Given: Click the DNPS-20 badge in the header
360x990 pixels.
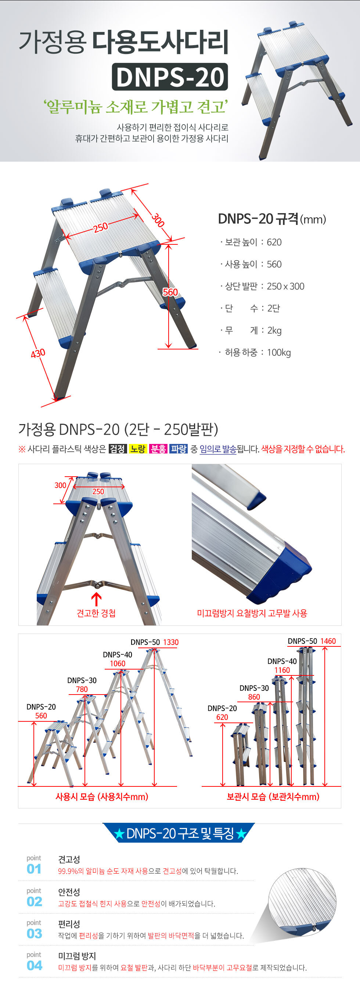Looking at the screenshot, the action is [170, 77].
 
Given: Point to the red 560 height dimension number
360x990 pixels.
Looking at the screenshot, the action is [170, 292].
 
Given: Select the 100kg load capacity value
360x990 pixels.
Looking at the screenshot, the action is [279, 352].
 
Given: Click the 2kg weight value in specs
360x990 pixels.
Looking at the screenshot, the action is [274, 330].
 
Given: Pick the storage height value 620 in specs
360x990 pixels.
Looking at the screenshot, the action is [274, 242].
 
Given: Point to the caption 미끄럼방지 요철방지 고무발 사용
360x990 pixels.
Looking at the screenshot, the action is [252, 613].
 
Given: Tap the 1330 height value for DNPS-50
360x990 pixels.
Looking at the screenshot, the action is [171, 642].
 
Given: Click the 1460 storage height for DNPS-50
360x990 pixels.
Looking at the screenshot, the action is [328, 641].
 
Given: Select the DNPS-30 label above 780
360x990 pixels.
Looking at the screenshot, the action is [82, 680].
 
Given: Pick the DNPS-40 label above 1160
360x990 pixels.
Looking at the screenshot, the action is [282, 661].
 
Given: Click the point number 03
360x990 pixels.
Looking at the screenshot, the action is [34, 933].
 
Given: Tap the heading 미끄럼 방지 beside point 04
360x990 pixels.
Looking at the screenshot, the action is [77, 956].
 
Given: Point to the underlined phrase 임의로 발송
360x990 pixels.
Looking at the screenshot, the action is [218, 449].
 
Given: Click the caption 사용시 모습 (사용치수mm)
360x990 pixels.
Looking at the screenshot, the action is [102, 797].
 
